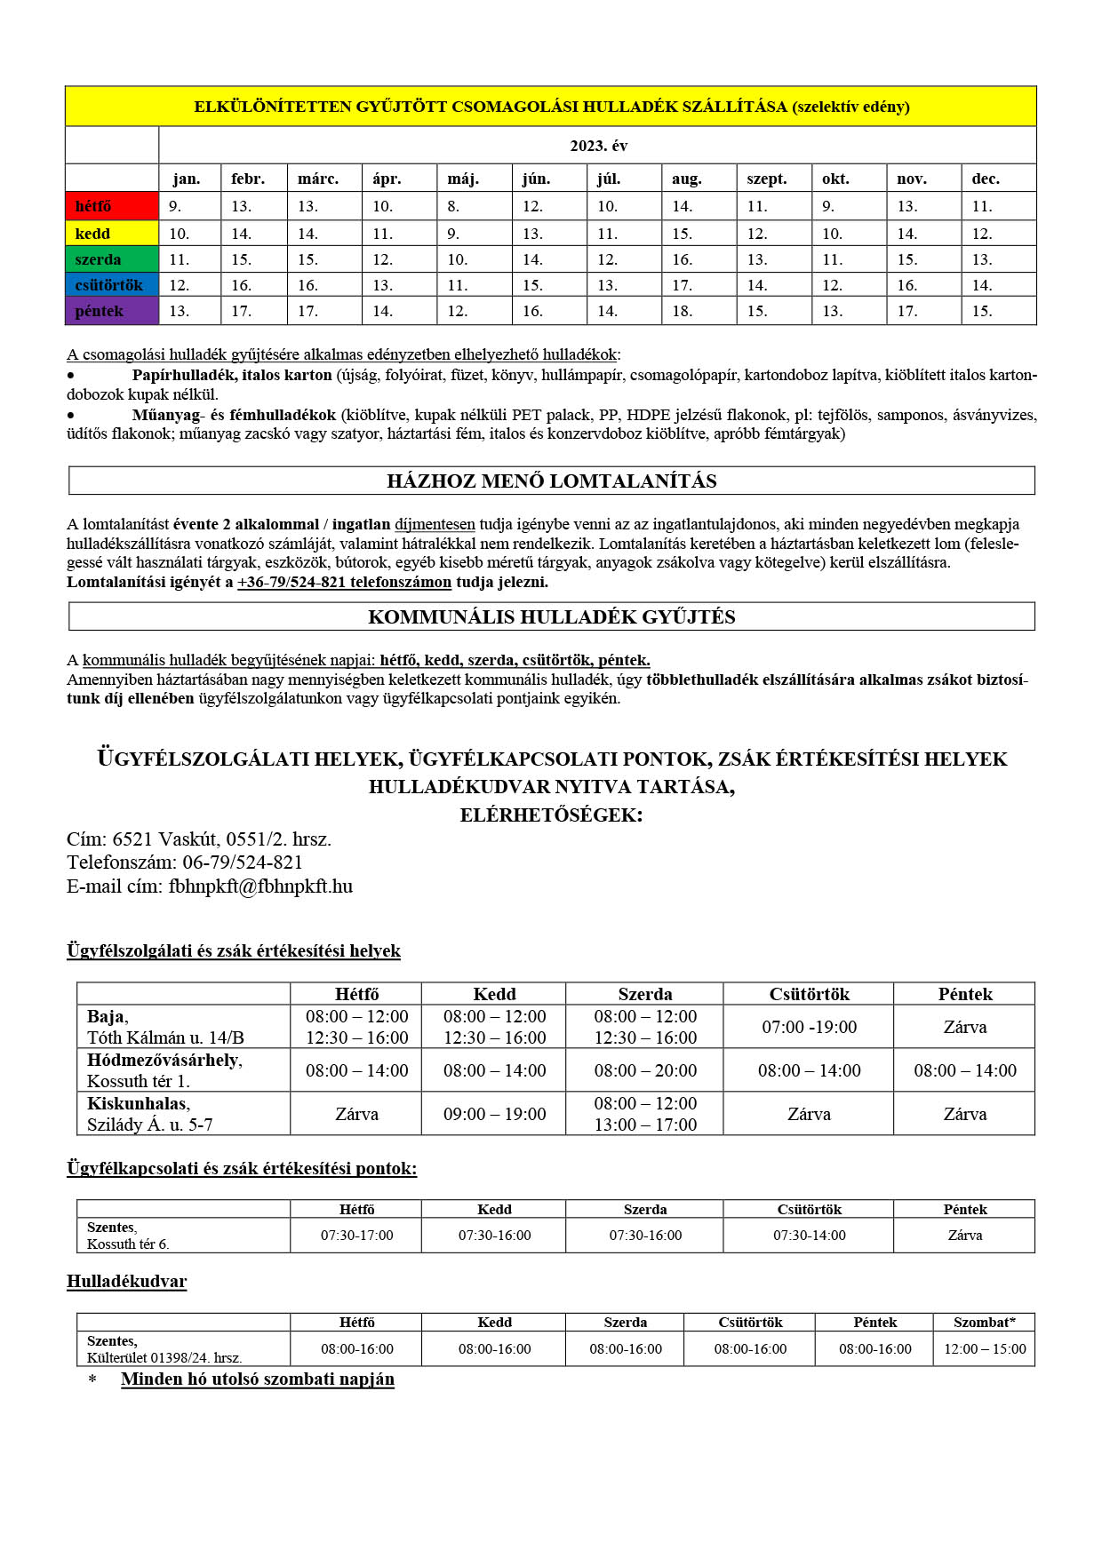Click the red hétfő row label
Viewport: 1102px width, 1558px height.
93,206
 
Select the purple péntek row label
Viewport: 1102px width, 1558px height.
100,311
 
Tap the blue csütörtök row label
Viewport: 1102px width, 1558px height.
108,285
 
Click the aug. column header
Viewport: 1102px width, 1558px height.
686,179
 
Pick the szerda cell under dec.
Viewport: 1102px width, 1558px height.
982,259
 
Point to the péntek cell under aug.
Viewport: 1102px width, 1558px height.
683,311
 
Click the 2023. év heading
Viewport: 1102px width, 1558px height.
598,146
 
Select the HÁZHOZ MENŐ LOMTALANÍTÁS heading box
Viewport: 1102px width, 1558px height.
552,481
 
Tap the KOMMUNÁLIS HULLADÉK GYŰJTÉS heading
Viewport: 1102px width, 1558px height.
552,616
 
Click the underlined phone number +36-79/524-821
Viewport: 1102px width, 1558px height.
345,583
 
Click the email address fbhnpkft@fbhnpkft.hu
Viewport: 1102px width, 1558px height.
260,886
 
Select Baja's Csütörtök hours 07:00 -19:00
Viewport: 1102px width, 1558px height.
809,1027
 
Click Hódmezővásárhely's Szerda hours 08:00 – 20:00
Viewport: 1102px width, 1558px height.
645,1070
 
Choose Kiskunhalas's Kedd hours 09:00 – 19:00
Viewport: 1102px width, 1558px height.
494,1114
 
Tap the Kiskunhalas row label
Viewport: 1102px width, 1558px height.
138,1104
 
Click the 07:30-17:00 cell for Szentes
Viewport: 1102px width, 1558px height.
356,1236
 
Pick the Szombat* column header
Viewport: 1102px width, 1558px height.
984,1323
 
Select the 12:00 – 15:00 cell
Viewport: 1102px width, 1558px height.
984,1349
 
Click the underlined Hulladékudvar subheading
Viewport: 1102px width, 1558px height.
127,1282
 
